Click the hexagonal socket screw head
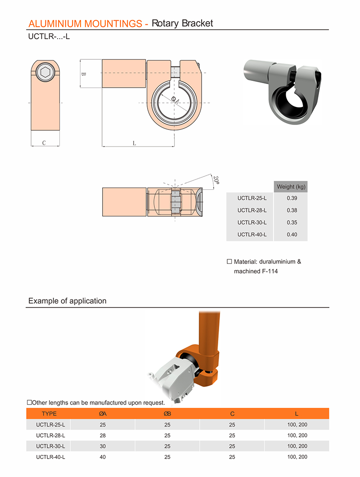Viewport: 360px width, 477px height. coord(45,72)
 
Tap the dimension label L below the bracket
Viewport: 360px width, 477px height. coord(134,143)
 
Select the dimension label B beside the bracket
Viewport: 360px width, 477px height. coord(83,74)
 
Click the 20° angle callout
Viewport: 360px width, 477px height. coord(216,180)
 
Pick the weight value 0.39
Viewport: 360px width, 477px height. coord(292,198)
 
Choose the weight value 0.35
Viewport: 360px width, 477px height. coord(292,223)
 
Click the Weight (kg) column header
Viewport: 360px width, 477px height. coord(292,187)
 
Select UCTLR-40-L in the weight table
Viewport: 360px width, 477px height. coord(252,235)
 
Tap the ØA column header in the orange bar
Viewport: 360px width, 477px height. coord(102,414)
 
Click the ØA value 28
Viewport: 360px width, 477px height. coord(102,435)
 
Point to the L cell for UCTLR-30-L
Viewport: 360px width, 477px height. coord(297,446)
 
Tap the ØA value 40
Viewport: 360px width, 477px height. coord(102,457)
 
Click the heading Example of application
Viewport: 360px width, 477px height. coord(67,301)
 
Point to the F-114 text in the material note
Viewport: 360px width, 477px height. coord(269,271)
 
